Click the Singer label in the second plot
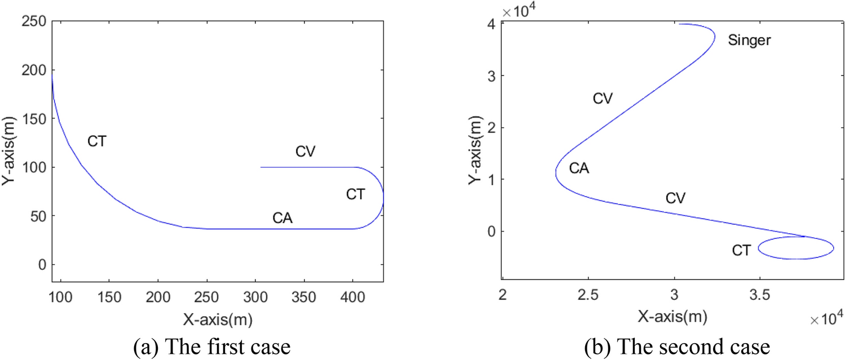[x=749, y=41]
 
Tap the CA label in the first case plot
[x=282, y=219]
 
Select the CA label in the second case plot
[x=579, y=168]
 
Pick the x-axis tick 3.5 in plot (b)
[x=760, y=294]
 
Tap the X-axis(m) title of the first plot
[x=217, y=319]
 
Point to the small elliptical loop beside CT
[x=795, y=248]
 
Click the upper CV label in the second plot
[x=603, y=99]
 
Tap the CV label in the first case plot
[x=305, y=152]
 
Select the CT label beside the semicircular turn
[x=356, y=195]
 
